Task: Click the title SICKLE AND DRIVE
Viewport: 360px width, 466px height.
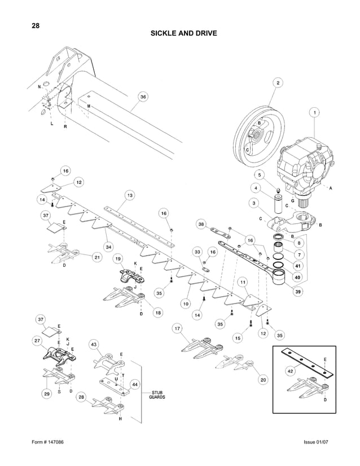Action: pyautogui.click(x=183, y=33)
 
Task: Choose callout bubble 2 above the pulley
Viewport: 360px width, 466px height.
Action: pyautogui.click(x=278, y=83)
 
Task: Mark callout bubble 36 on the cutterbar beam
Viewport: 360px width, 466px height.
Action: pyautogui.click(x=143, y=97)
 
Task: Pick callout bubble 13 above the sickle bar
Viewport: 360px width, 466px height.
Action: pyautogui.click(x=129, y=195)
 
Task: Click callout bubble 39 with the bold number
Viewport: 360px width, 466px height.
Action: pyautogui.click(x=297, y=291)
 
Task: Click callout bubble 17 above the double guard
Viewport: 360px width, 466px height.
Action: pyautogui.click(x=177, y=328)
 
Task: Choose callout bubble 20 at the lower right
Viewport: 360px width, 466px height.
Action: pyautogui.click(x=263, y=380)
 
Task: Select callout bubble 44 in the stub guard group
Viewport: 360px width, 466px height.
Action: pyautogui.click(x=135, y=384)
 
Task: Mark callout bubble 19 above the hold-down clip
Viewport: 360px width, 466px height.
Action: pyautogui.click(x=117, y=258)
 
